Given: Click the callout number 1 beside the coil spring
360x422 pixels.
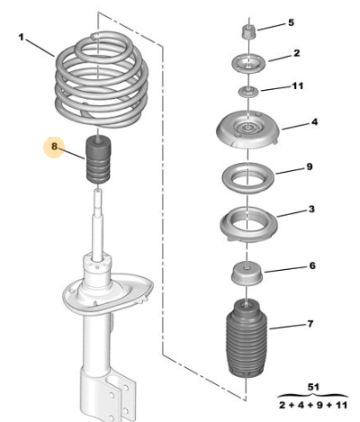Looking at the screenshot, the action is click(21, 38).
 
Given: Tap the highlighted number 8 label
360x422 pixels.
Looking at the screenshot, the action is click(54, 147).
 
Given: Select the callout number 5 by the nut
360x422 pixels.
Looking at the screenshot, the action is click(291, 22).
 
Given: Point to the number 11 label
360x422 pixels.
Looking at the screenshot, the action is click(298, 86).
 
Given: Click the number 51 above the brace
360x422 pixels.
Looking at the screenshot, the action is click(313, 387).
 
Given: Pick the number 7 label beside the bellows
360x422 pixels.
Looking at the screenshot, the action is click(310, 324).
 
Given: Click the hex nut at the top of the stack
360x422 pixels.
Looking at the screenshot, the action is click(248, 31).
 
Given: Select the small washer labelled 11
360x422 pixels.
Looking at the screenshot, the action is click(248, 92).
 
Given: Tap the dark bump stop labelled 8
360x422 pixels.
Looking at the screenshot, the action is click(98, 159).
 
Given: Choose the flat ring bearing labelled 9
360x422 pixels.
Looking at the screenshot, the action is click(248, 178).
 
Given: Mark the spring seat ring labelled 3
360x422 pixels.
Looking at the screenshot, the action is click(248, 224).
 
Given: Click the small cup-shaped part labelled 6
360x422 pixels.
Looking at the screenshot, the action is click(247, 274).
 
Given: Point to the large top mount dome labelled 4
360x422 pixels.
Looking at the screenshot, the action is click(248, 130).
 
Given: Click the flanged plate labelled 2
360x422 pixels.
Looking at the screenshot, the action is click(248, 64).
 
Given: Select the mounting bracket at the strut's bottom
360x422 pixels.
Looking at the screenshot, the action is click(108, 396).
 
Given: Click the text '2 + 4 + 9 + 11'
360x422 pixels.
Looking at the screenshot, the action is click(313, 405).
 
